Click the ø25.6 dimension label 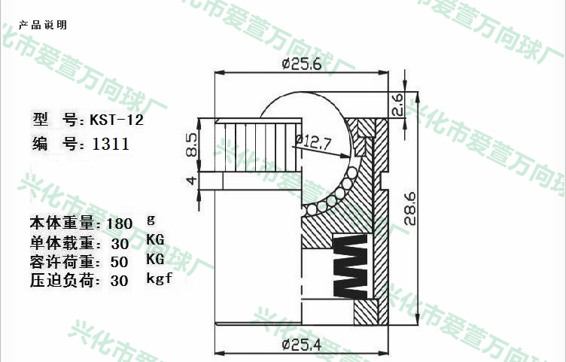tap(301, 64)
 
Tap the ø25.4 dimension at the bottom tap(301, 345)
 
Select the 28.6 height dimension tap(410, 208)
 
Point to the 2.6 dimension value tap(397, 105)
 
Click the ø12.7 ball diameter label tap(312, 141)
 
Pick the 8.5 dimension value tap(192, 145)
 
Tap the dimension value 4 tap(193, 180)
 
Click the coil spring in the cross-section tap(350, 266)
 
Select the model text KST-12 tap(117, 120)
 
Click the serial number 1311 tap(111, 144)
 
